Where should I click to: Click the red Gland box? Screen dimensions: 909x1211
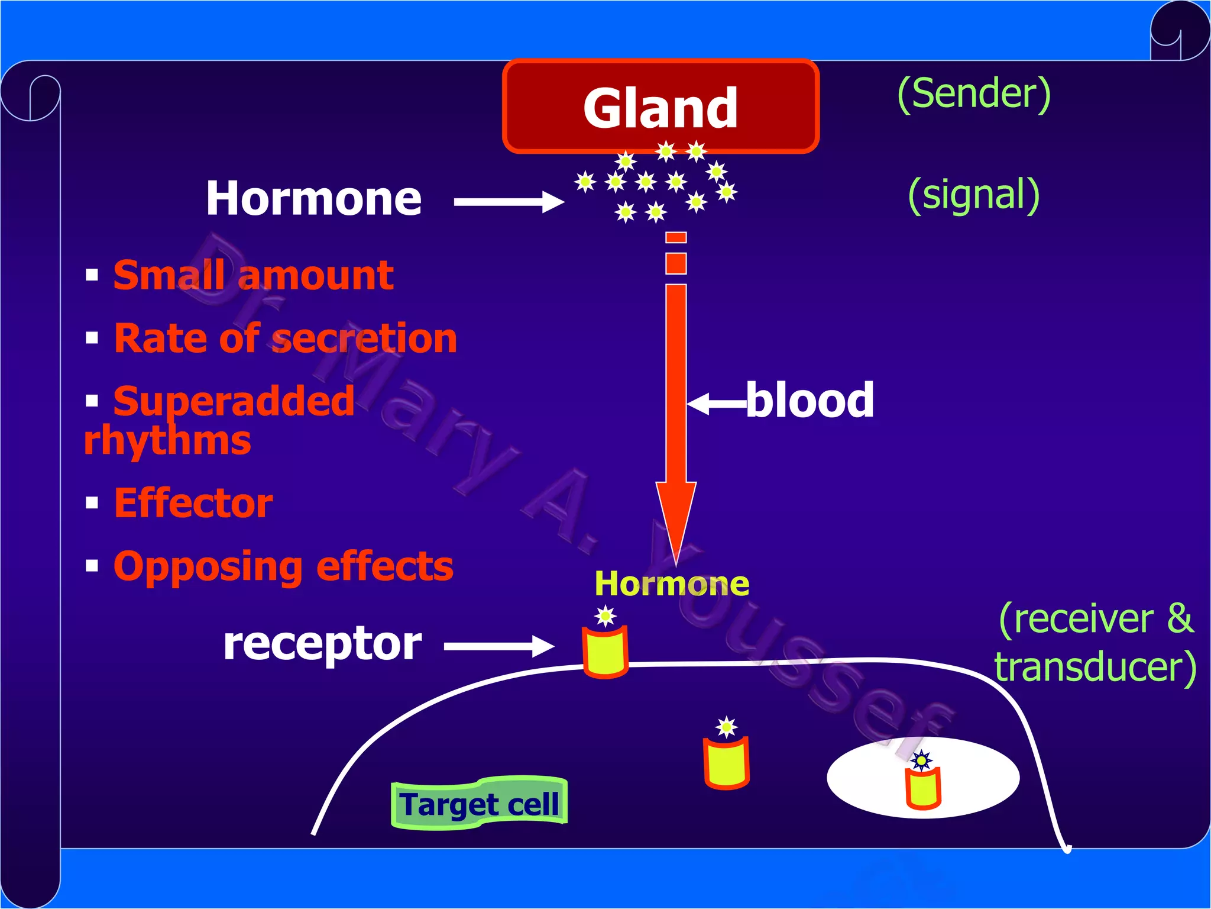(x=660, y=107)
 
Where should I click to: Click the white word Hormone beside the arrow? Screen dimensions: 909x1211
(x=314, y=198)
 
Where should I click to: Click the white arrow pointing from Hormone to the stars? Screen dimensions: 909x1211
(x=509, y=202)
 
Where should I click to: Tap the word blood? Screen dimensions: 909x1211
(x=810, y=400)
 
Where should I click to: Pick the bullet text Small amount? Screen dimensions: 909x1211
(x=253, y=275)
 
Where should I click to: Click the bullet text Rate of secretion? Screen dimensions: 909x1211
(x=285, y=339)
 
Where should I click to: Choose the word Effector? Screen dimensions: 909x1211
(x=193, y=503)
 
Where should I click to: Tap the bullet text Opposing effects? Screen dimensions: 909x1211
(x=283, y=566)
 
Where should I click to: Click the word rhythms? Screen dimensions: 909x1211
(x=167, y=441)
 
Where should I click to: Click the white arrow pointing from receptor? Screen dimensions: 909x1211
(x=498, y=646)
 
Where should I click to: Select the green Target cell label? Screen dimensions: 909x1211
(x=479, y=804)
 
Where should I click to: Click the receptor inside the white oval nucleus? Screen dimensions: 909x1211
(x=923, y=788)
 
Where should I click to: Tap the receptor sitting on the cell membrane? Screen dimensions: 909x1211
(x=605, y=653)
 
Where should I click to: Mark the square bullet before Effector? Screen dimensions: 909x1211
(x=92, y=503)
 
